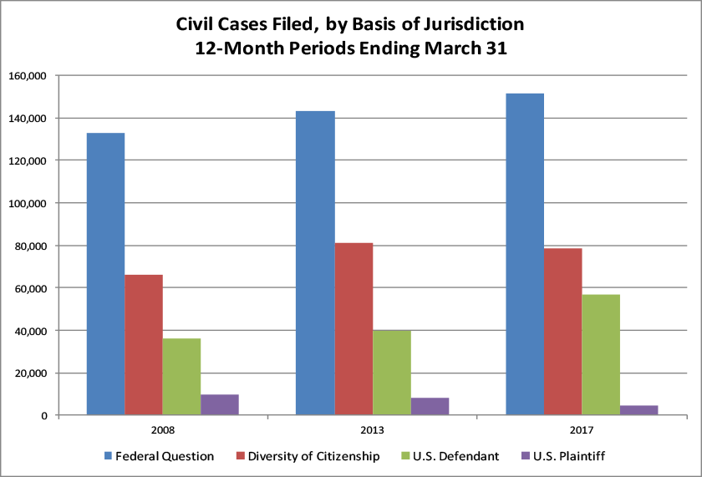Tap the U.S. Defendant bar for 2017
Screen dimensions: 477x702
[601, 354]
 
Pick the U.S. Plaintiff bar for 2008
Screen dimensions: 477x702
[220, 404]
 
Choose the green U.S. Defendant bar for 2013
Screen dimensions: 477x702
[392, 373]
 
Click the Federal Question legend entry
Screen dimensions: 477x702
[165, 456]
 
